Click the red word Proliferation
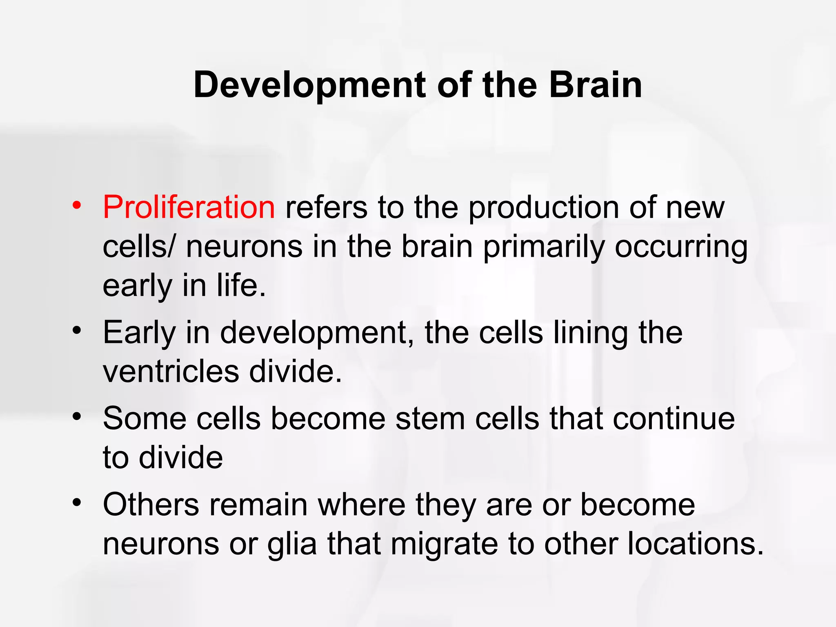189,207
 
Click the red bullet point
77,205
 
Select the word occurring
681,247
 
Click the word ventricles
171,371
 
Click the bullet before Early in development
77,330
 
